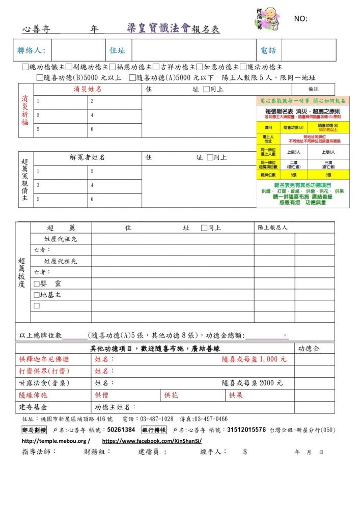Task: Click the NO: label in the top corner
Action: [300, 19]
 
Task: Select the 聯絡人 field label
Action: [31, 50]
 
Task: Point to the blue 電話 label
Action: [268, 50]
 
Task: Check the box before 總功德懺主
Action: [25, 67]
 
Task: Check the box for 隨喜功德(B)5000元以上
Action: [40, 78]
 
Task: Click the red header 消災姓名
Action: [88, 89]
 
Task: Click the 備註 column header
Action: [320, 89]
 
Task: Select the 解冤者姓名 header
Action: [88, 157]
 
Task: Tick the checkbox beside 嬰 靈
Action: [37, 284]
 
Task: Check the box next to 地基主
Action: [37, 295]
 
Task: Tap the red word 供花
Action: [171, 395]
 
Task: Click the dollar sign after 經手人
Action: [245, 451]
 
